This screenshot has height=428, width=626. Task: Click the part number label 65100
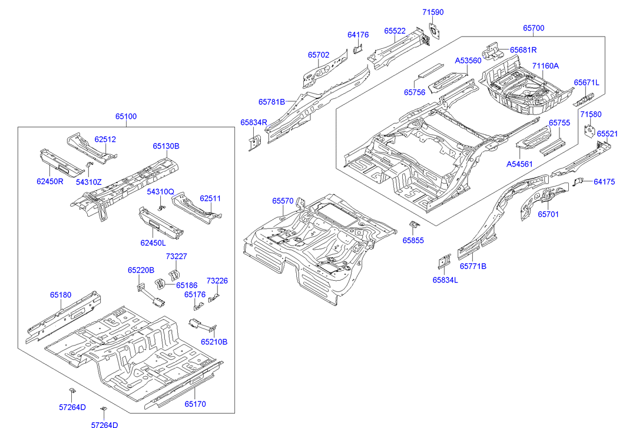click(125, 117)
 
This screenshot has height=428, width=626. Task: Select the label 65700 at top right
click(534, 28)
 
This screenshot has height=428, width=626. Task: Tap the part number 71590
click(433, 12)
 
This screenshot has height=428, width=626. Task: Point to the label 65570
click(283, 201)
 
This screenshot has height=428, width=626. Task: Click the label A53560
click(468, 61)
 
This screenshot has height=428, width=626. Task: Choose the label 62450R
click(49, 181)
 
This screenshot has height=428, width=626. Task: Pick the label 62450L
click(153, 243)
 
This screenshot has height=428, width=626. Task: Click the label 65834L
click(445, 280)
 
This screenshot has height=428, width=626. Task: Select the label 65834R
click(254, 122)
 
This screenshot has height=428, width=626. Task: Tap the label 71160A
click(545, 66)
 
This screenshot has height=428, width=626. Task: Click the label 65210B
click(214, 341)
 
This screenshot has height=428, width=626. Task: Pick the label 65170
click(195, 404)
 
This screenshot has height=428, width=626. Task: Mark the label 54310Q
click(161, 192)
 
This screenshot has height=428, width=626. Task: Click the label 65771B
click(473, 266)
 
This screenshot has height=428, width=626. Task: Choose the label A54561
click(520, 164)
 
